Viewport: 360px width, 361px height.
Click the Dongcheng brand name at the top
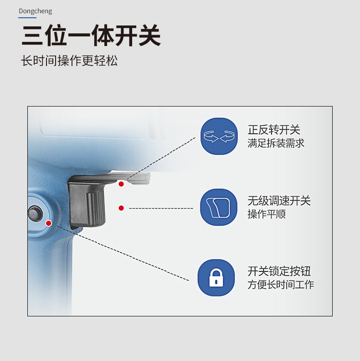point(35,11)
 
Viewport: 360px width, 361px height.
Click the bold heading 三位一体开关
point(91,36)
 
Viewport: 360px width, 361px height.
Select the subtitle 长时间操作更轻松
point(69,61)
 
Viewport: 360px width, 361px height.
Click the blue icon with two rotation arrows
point(219,136)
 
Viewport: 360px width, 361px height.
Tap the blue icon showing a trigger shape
point(219,207)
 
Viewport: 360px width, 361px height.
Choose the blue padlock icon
point(216,278)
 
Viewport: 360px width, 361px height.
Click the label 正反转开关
point(274,130)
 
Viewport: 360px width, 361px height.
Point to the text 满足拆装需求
point(276,143)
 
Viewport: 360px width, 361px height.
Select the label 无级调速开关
point(279,201)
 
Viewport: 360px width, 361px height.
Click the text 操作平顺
point(267,214)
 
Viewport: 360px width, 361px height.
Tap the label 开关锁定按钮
point(279,271)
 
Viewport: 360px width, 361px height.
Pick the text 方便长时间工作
point(281,285)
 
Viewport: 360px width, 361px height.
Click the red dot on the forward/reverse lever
point(121,184)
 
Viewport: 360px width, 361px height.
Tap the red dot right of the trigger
point(121,208)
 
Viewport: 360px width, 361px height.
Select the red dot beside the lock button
point(49,223)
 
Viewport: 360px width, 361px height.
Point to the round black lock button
point(34,213)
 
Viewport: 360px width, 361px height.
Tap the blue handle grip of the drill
point(50,273)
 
